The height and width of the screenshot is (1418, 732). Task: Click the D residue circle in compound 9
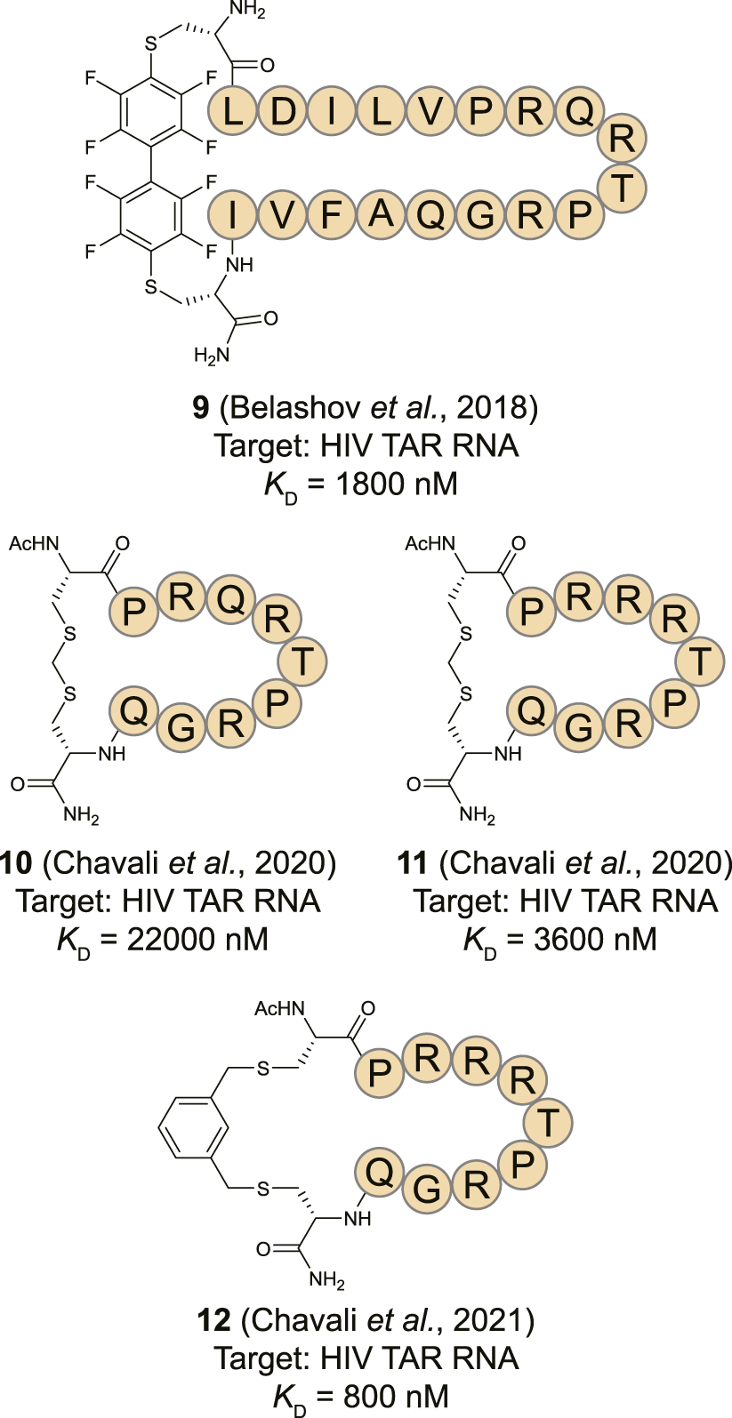pyautogui.click(x=282, y=112)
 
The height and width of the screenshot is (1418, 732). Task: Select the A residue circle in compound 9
pyautogui.click(x=381, y=214)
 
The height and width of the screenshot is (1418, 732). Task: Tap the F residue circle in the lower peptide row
pyautogui.click(x=331, y=214)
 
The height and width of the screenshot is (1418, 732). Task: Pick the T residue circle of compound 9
pyautogui.click(x=623, y=188)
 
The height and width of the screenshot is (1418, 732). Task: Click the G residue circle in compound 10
pyautogui.click(x=181, y=729)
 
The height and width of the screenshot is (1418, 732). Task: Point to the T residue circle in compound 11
pyautogui.click(x=701, y=661)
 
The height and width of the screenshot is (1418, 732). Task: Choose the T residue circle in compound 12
pyautogui.click(x=548, y=1124)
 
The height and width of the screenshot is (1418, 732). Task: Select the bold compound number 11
pyautogui.click(x=413, y=863)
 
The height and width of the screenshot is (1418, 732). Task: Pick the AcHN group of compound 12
pyautogui.click(x=279, y=1008)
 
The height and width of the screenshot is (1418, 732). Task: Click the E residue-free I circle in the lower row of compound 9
pyautogui.click(x=232, y=214)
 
